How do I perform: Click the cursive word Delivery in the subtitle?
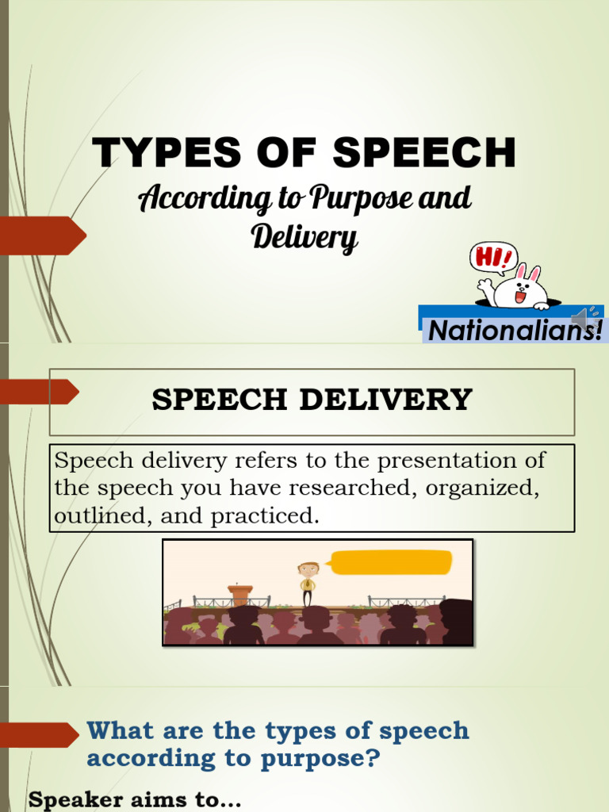point(304,236)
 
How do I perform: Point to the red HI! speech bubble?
point(492,258)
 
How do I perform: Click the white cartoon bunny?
point(520,288)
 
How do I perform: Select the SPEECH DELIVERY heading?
point(312,400)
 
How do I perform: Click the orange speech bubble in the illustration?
point(390,562)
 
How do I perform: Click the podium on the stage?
point(239,596)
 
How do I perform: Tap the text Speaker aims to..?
point(134,800)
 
